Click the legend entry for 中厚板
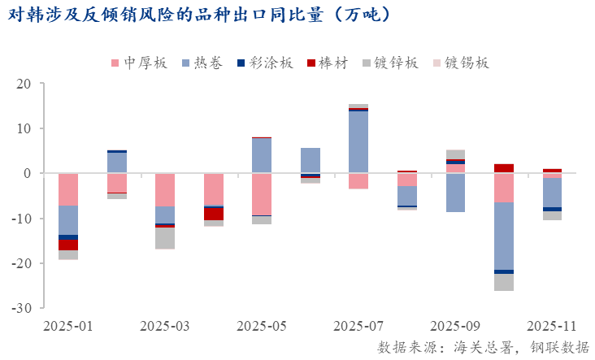pos(138,63)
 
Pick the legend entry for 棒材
pos(328,63)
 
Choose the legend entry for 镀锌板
pos(391,63)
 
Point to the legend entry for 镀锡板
pos(461,63)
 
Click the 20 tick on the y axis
pos(24,84)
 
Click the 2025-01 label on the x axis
pos(68,326)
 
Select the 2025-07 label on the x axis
pos(358,326)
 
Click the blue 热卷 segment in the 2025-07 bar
pos(358,141)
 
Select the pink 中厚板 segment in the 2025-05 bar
pos(262,194)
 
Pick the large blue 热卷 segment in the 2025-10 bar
pos(504,236)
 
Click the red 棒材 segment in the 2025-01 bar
pos(68,245)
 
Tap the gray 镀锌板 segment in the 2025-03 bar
pos(165,238)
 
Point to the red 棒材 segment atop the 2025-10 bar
pos(504,168)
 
